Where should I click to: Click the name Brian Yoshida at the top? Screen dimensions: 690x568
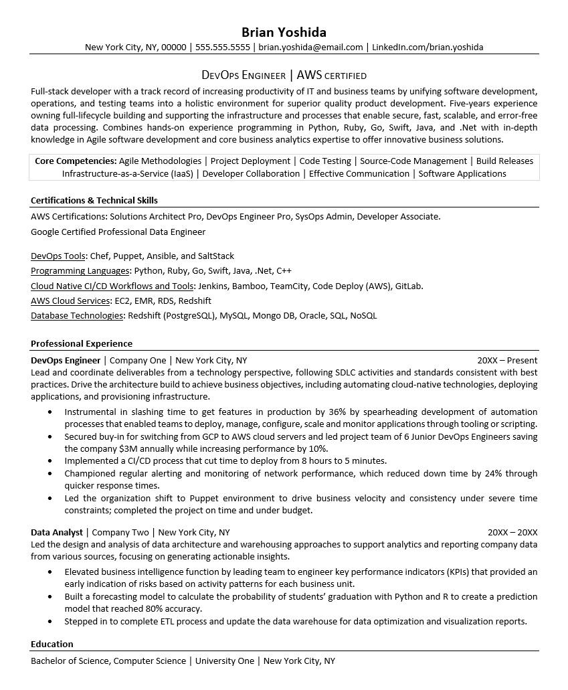click(x=284, y=32)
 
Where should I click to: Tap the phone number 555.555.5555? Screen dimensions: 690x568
click(x=223, y=48)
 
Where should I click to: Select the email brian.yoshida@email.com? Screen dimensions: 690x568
click(x=310, y=48)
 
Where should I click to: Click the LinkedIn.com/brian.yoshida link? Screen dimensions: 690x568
click(x=427, y=48)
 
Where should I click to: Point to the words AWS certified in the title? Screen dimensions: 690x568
click(x=331, y=76)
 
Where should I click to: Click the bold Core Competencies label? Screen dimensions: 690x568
click(x=76, y=161)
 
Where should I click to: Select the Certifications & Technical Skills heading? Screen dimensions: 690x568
click(x=94, y=200)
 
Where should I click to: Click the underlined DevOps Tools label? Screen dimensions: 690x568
click(x=58, y=256)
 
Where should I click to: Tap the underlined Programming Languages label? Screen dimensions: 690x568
click(x=80, y=271)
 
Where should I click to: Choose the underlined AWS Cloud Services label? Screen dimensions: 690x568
click(x=70, y=301)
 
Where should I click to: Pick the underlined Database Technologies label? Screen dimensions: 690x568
click(x=77, y=316)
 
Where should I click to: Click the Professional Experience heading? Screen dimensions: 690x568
click(x=82, y=343)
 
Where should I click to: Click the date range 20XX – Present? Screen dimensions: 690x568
click(x=506, y=360)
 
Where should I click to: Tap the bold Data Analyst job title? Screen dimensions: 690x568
click(x=56, y=533)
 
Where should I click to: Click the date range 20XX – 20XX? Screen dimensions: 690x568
click(x=512, y=533)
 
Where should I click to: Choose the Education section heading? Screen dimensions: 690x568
click(x=52, y=644)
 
